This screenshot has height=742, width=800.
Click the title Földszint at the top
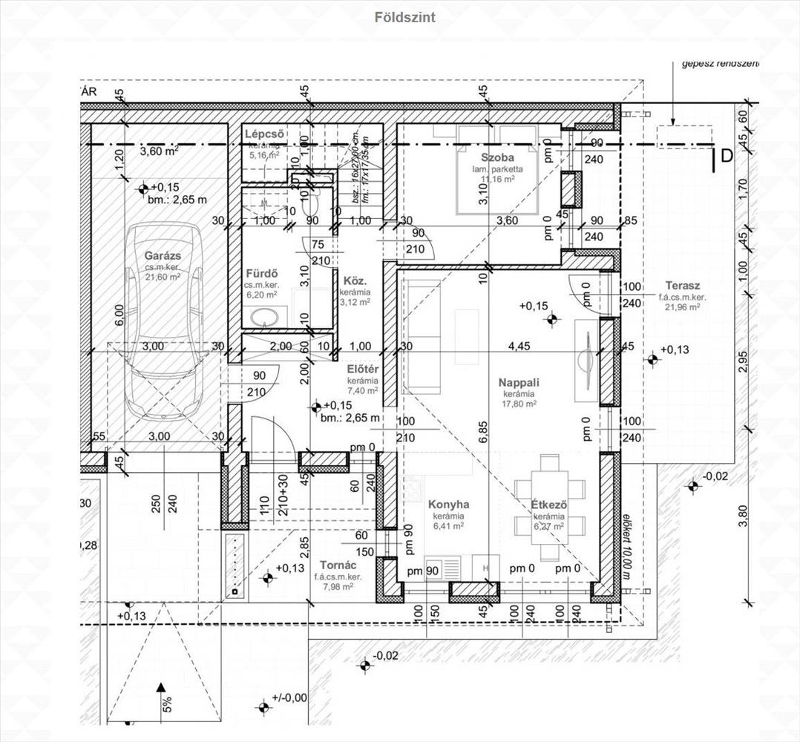point(405,17)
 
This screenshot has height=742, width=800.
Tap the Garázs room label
point(163,256)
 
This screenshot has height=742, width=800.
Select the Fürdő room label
point(260,272)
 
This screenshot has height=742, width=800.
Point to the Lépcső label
point(265,134)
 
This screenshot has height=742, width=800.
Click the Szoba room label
point(497,157)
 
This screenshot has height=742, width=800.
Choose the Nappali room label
point(519,382)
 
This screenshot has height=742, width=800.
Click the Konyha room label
point(448,505)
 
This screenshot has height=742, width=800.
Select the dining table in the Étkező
point(549,507)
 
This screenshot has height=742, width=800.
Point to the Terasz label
point(682,286)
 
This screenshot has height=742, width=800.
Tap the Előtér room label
point(364,369)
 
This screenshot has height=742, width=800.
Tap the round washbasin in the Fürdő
point(261,318)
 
